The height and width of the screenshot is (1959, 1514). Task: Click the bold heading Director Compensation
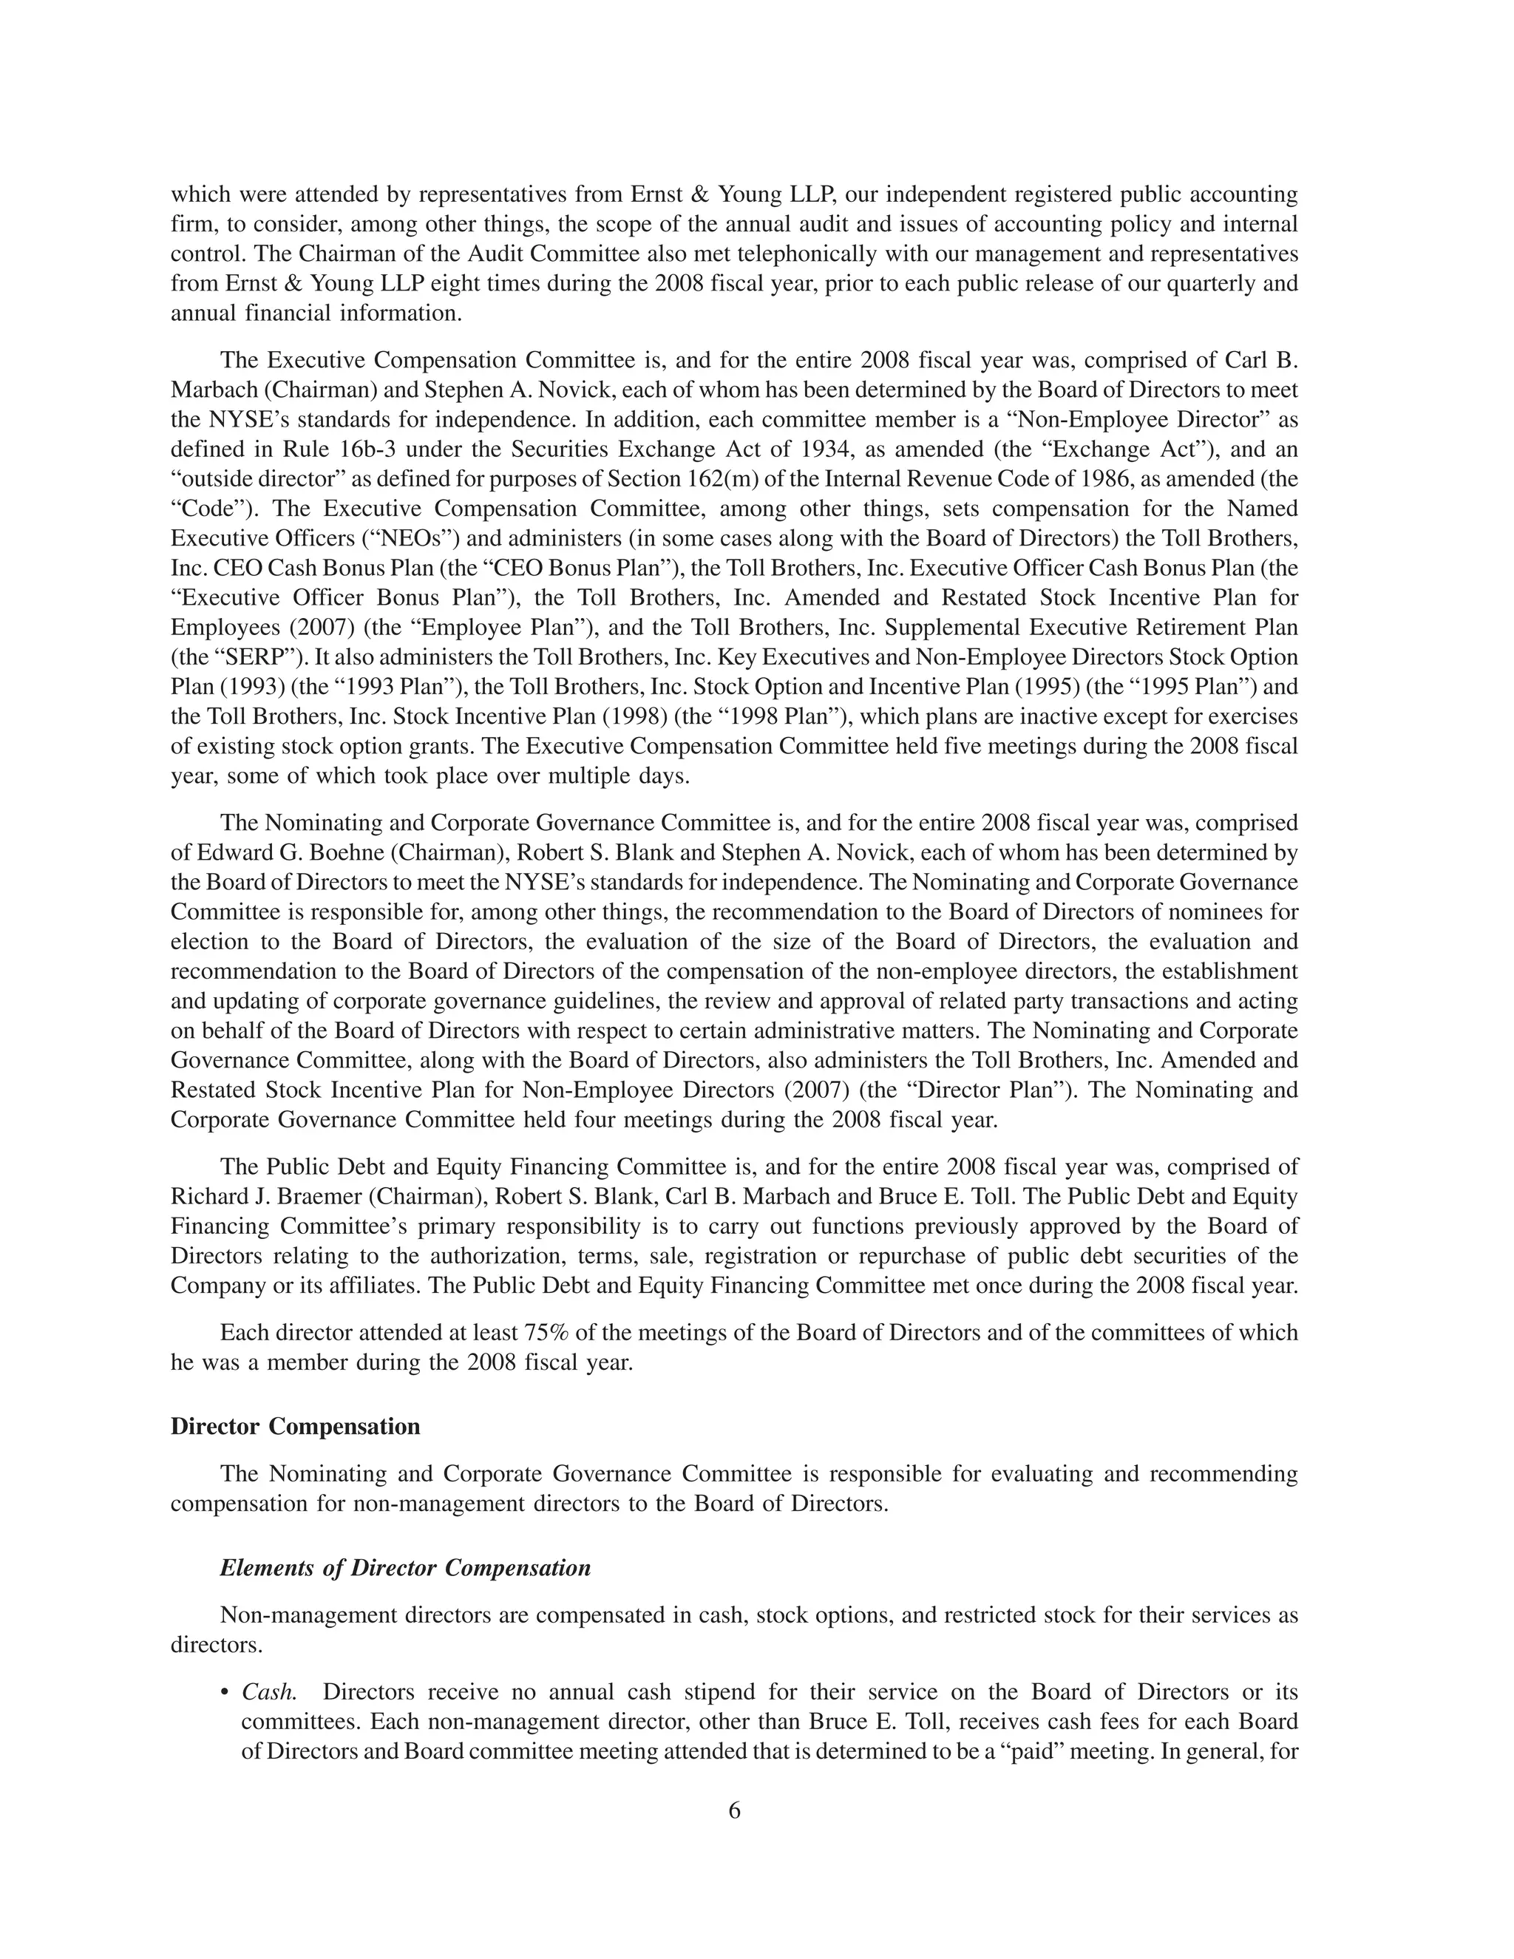click(295, 1426)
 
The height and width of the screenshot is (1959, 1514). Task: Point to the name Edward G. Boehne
click(286, 853)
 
